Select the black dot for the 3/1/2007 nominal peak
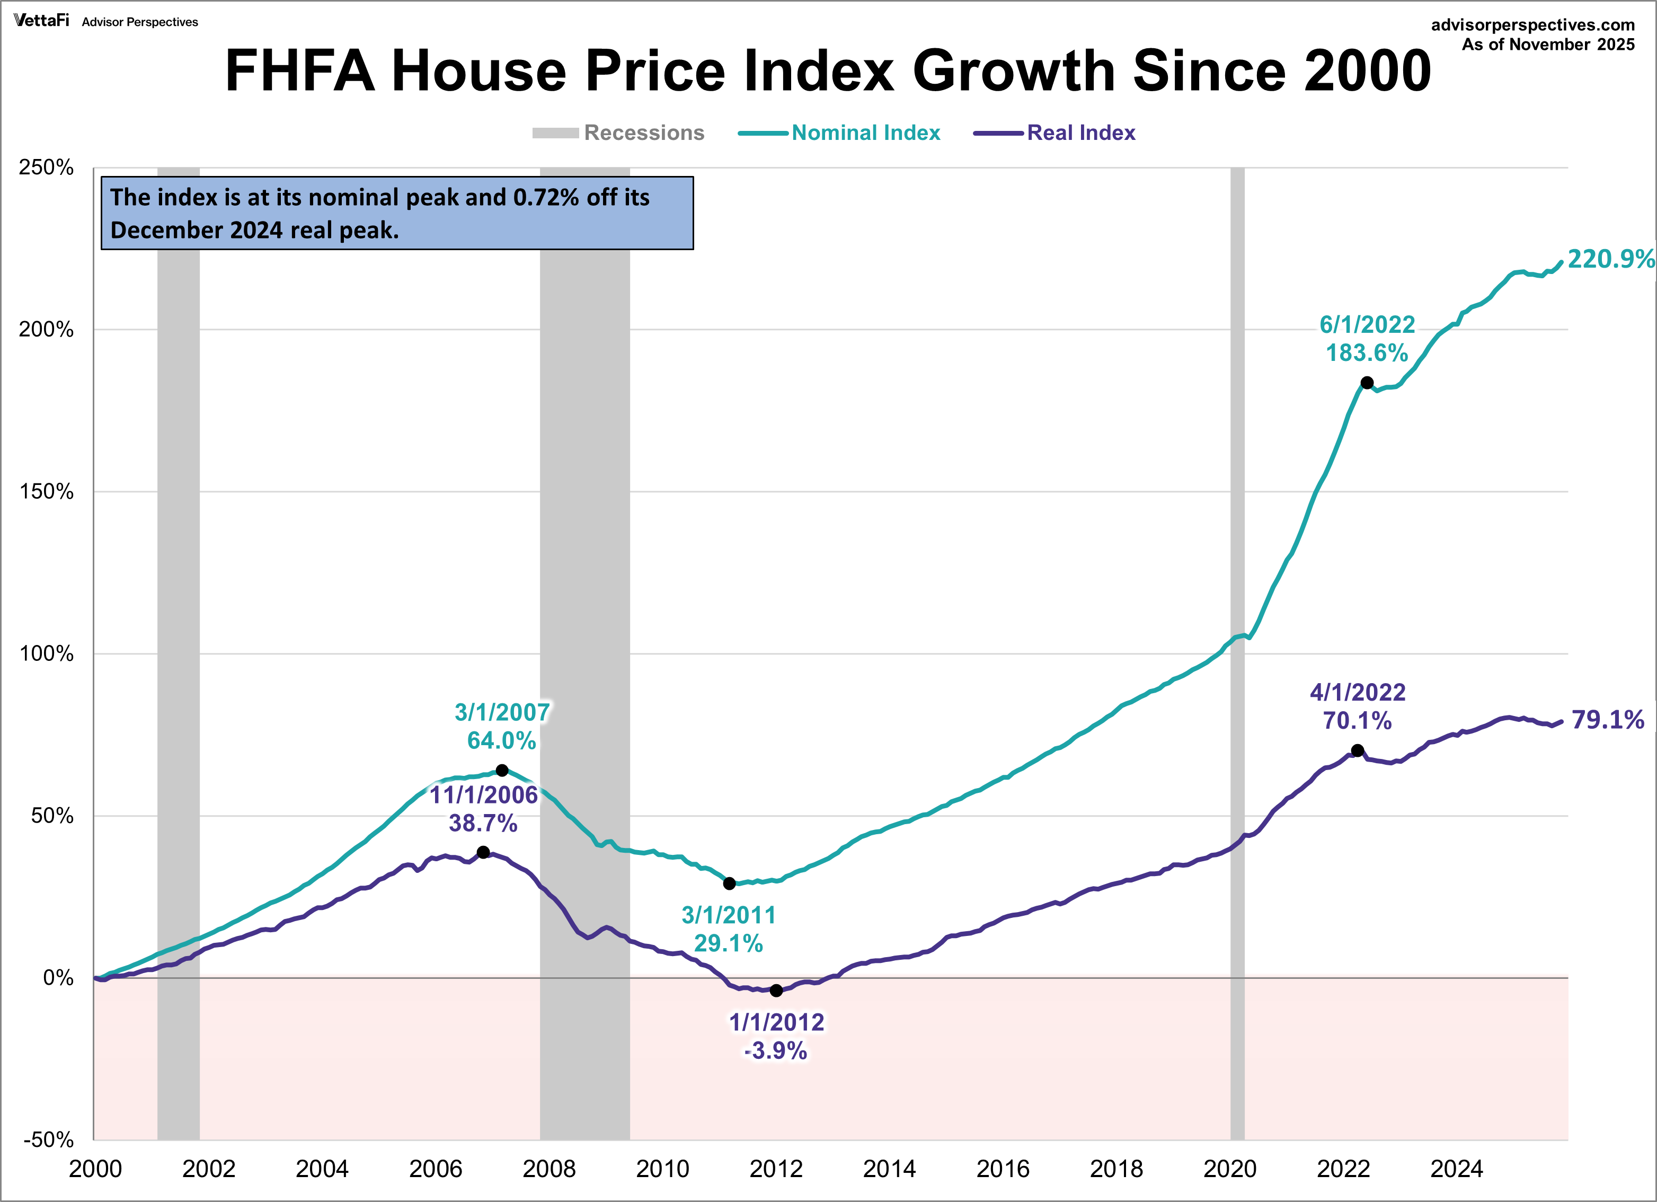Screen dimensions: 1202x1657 pos(502,770)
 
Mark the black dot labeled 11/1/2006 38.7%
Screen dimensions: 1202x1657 pos(483,852)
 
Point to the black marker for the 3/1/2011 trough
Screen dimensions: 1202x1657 pos(729,883)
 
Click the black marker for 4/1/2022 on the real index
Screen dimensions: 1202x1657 pos(1357,750)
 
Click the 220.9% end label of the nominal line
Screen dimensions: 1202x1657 pos(1610,259)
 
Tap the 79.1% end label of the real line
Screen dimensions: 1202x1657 pos(1607,719)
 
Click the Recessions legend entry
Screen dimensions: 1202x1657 pos(643,133)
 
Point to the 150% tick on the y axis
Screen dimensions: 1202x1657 pos(47,491)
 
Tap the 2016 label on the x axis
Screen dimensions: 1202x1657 pos(1003,1169)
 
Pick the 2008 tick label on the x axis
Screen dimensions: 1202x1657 pos(548,1169)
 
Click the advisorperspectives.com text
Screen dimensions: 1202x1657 pos(1532,25)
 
